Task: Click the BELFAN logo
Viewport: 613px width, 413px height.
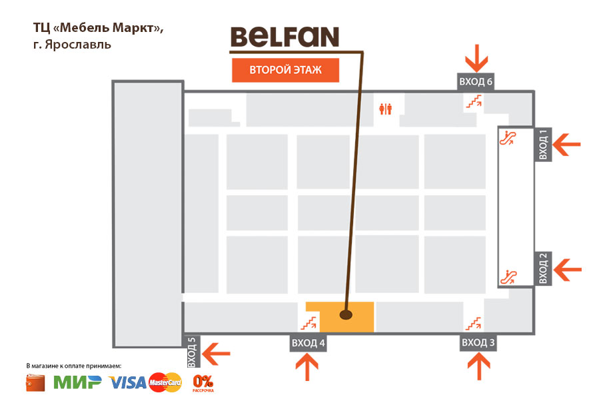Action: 285,37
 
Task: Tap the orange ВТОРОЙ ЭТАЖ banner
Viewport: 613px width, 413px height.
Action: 285,71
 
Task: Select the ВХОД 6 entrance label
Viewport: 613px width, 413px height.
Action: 476,81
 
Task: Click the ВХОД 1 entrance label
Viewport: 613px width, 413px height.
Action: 542,144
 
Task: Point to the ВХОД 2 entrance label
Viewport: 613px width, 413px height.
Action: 543,268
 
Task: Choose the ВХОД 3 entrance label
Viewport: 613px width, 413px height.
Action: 478,343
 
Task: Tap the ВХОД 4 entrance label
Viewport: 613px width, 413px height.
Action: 308,344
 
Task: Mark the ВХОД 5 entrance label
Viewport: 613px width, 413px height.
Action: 192,352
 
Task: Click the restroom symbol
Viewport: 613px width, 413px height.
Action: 385,109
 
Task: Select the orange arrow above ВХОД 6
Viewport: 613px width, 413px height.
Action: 476,57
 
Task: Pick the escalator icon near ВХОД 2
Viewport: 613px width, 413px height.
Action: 510,274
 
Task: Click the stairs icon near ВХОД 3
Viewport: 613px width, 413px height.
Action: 473,323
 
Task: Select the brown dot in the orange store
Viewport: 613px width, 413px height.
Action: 345,314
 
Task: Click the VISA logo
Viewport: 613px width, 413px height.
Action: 127,382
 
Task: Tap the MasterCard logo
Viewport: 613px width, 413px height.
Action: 165,382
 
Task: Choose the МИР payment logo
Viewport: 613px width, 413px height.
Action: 77,382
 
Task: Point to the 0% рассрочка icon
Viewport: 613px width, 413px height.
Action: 203,383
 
